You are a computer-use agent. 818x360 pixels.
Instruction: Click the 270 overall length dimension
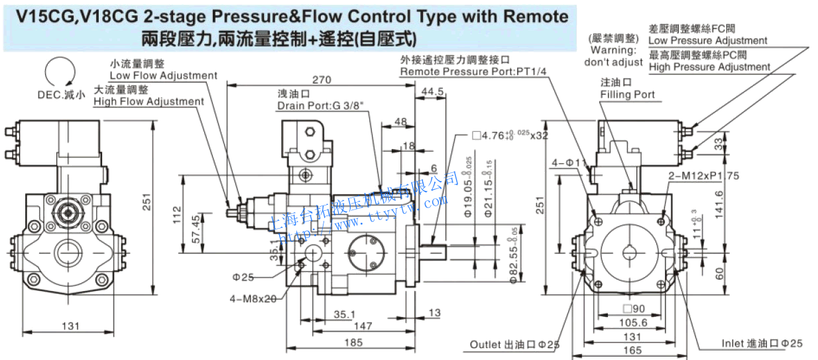coord(321,80)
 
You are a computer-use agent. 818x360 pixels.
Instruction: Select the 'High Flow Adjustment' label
coord(148,101)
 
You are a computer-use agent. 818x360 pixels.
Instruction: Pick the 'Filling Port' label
coord(627,95)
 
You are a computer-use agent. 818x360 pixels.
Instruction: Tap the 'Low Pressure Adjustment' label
coord(707,41)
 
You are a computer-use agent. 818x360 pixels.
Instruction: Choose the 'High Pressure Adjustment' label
coord(709,67)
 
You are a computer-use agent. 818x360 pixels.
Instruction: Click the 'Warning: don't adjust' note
coord(613,56)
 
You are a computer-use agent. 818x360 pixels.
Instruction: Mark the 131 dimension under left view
coord(70,326)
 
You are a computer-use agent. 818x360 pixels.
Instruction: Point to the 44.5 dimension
coord(432,91)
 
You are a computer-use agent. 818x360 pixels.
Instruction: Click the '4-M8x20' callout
coord(254,299)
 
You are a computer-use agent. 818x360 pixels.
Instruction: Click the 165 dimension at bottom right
coord(632,350)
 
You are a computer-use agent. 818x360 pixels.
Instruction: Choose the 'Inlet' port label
coord(762,343)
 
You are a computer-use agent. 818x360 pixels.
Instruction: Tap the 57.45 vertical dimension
coord(196,229)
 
